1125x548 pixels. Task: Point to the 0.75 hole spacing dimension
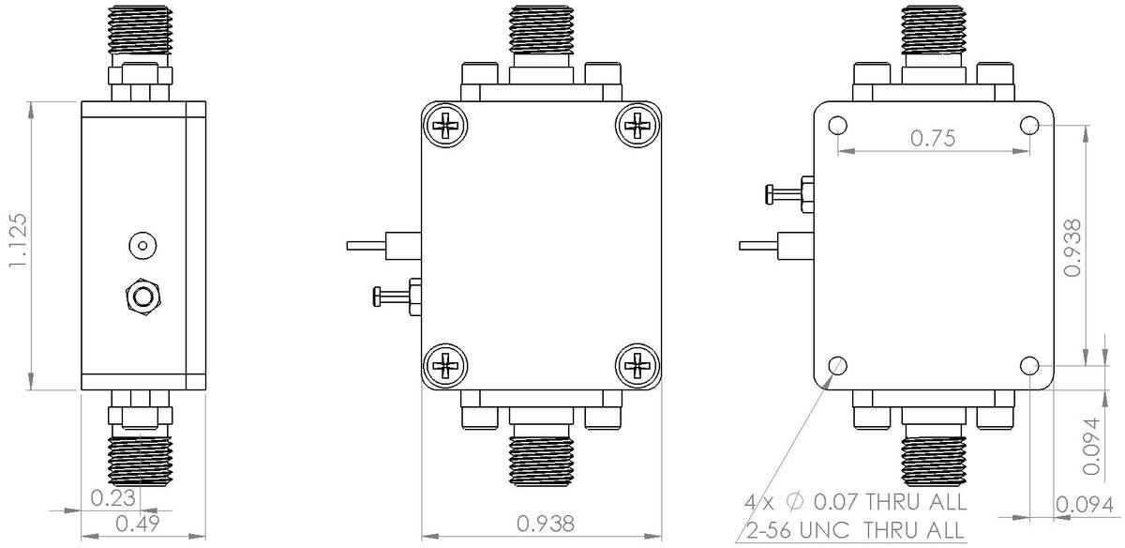pyautogui.click(x=933, y=139)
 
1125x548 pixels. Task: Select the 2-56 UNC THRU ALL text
pyautogui.click(x=855, y=530)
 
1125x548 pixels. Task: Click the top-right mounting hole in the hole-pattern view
pyautogui.click(x=1029, y=126)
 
